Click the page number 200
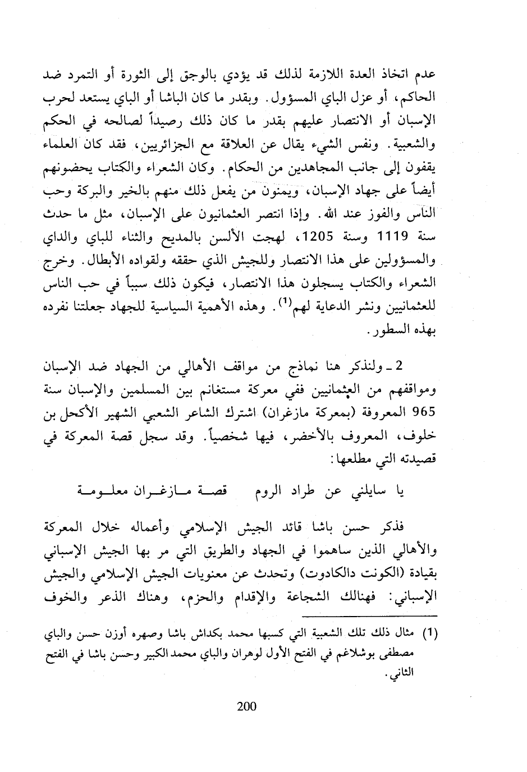click(246, 705)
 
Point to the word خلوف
click(423, 440)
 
